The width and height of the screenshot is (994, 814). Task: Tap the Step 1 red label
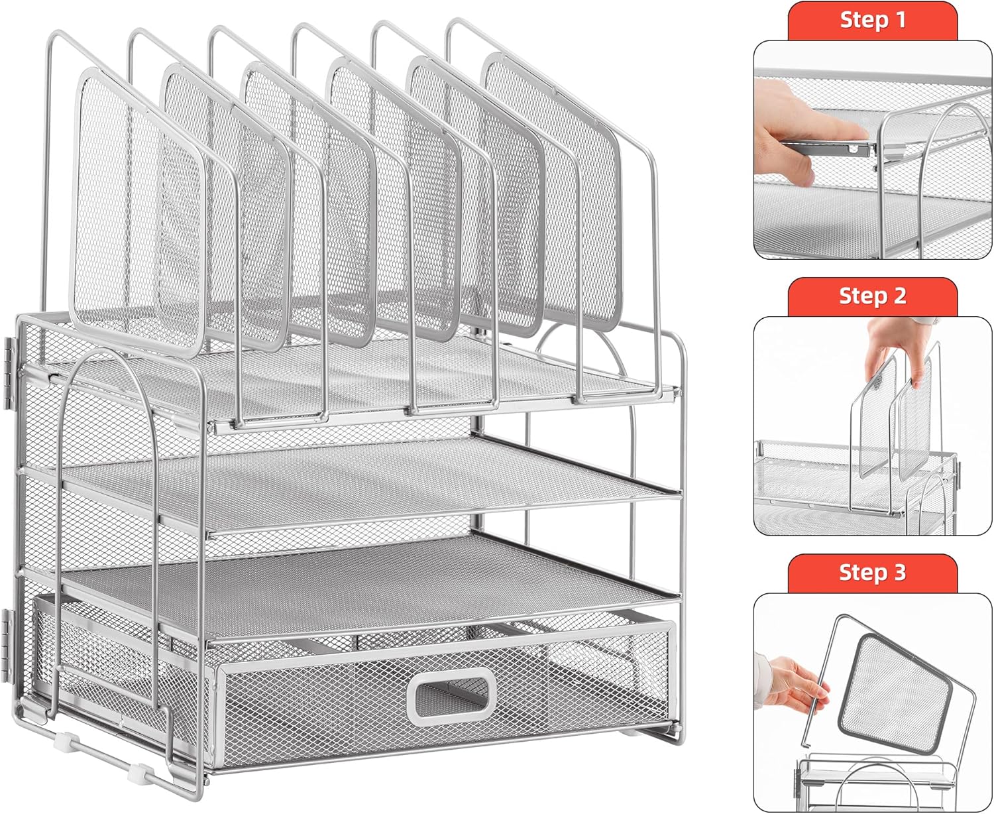873,21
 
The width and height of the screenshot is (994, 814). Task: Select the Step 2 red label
873,297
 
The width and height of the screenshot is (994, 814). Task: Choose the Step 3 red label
873,573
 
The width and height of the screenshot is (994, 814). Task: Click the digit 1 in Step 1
901,21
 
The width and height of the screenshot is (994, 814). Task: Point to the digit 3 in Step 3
900,573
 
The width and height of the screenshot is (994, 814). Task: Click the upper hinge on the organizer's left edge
8,373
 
